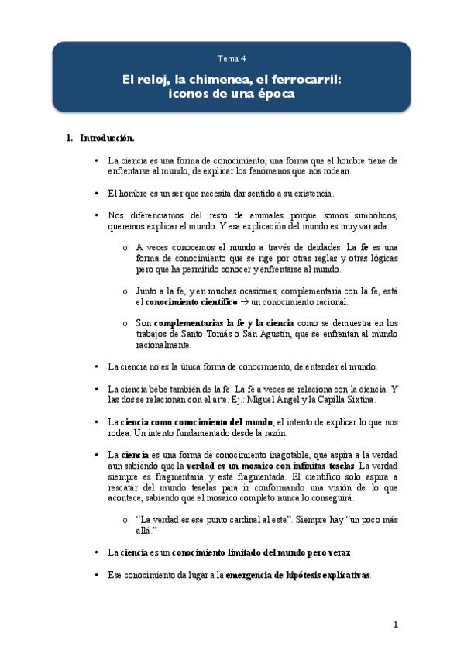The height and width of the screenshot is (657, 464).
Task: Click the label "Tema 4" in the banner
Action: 232,58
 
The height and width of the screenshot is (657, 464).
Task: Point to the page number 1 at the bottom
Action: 395,624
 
